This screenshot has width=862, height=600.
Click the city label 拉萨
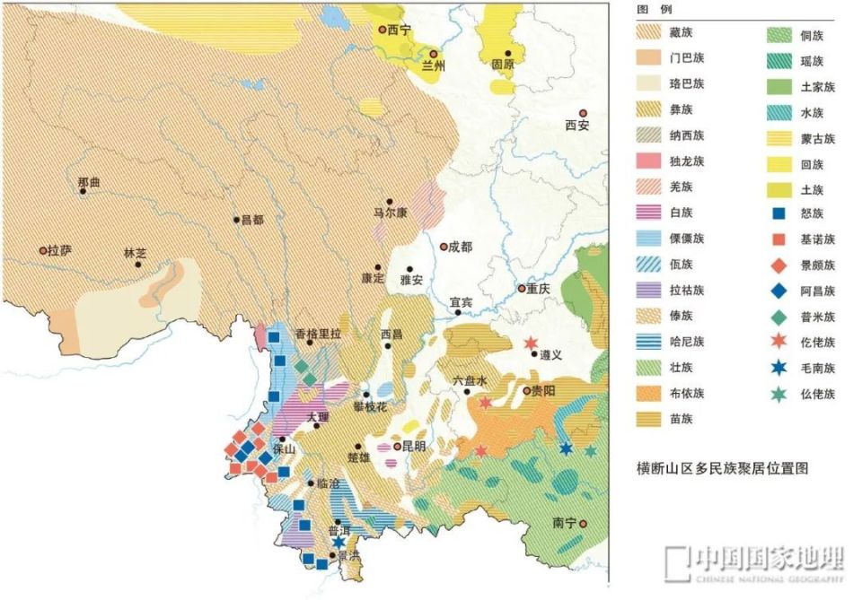coord(59,250)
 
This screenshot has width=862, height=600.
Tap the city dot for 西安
coord(582,111)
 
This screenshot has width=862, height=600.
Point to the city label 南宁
coord(564,523)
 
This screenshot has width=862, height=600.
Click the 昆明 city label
coord(414,446)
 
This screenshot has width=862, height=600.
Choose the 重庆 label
coord(538,289)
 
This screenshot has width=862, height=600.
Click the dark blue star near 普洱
coord(339,542)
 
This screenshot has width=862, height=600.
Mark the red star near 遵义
coord(531,343)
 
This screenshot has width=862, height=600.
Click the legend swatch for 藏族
coord(652,33)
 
